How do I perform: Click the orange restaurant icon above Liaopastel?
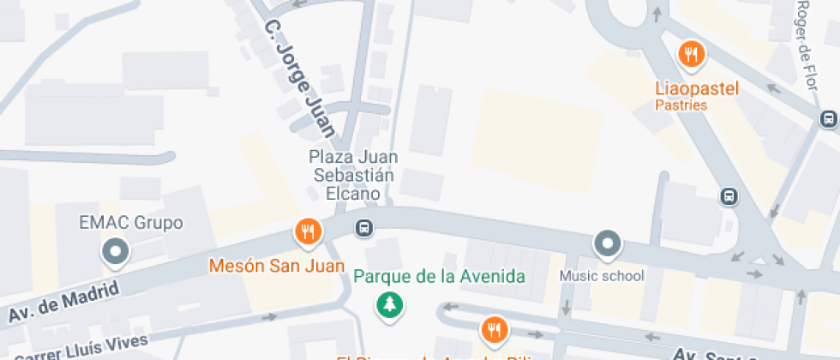(691, 56)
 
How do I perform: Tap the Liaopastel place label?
(696, 87)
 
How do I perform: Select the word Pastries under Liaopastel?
(681, 105)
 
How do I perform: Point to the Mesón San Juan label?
(265, 266)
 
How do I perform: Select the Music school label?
(602, 276)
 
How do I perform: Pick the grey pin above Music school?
(608, 244)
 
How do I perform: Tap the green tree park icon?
(391, 304)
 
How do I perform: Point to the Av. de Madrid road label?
(63, 303)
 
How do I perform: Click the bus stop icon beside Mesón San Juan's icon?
(364, 228)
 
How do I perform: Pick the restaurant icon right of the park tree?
(493, 329)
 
